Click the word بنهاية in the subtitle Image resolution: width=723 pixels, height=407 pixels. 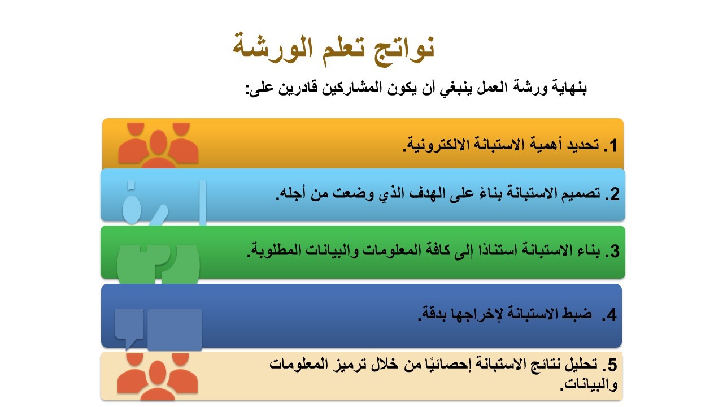point(569,87)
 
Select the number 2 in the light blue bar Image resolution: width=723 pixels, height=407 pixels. point(614,194)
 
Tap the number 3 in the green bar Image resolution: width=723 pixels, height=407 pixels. point(614,251)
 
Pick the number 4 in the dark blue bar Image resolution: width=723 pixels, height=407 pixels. point(612,315)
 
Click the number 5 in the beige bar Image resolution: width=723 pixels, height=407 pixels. point(612,365)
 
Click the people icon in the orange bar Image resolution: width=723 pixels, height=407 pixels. point(158,145)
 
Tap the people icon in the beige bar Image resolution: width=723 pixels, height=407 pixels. point(158,376)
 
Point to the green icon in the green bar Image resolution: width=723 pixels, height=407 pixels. point(158,264)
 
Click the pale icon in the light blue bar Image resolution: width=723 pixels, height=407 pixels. point(164,202)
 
